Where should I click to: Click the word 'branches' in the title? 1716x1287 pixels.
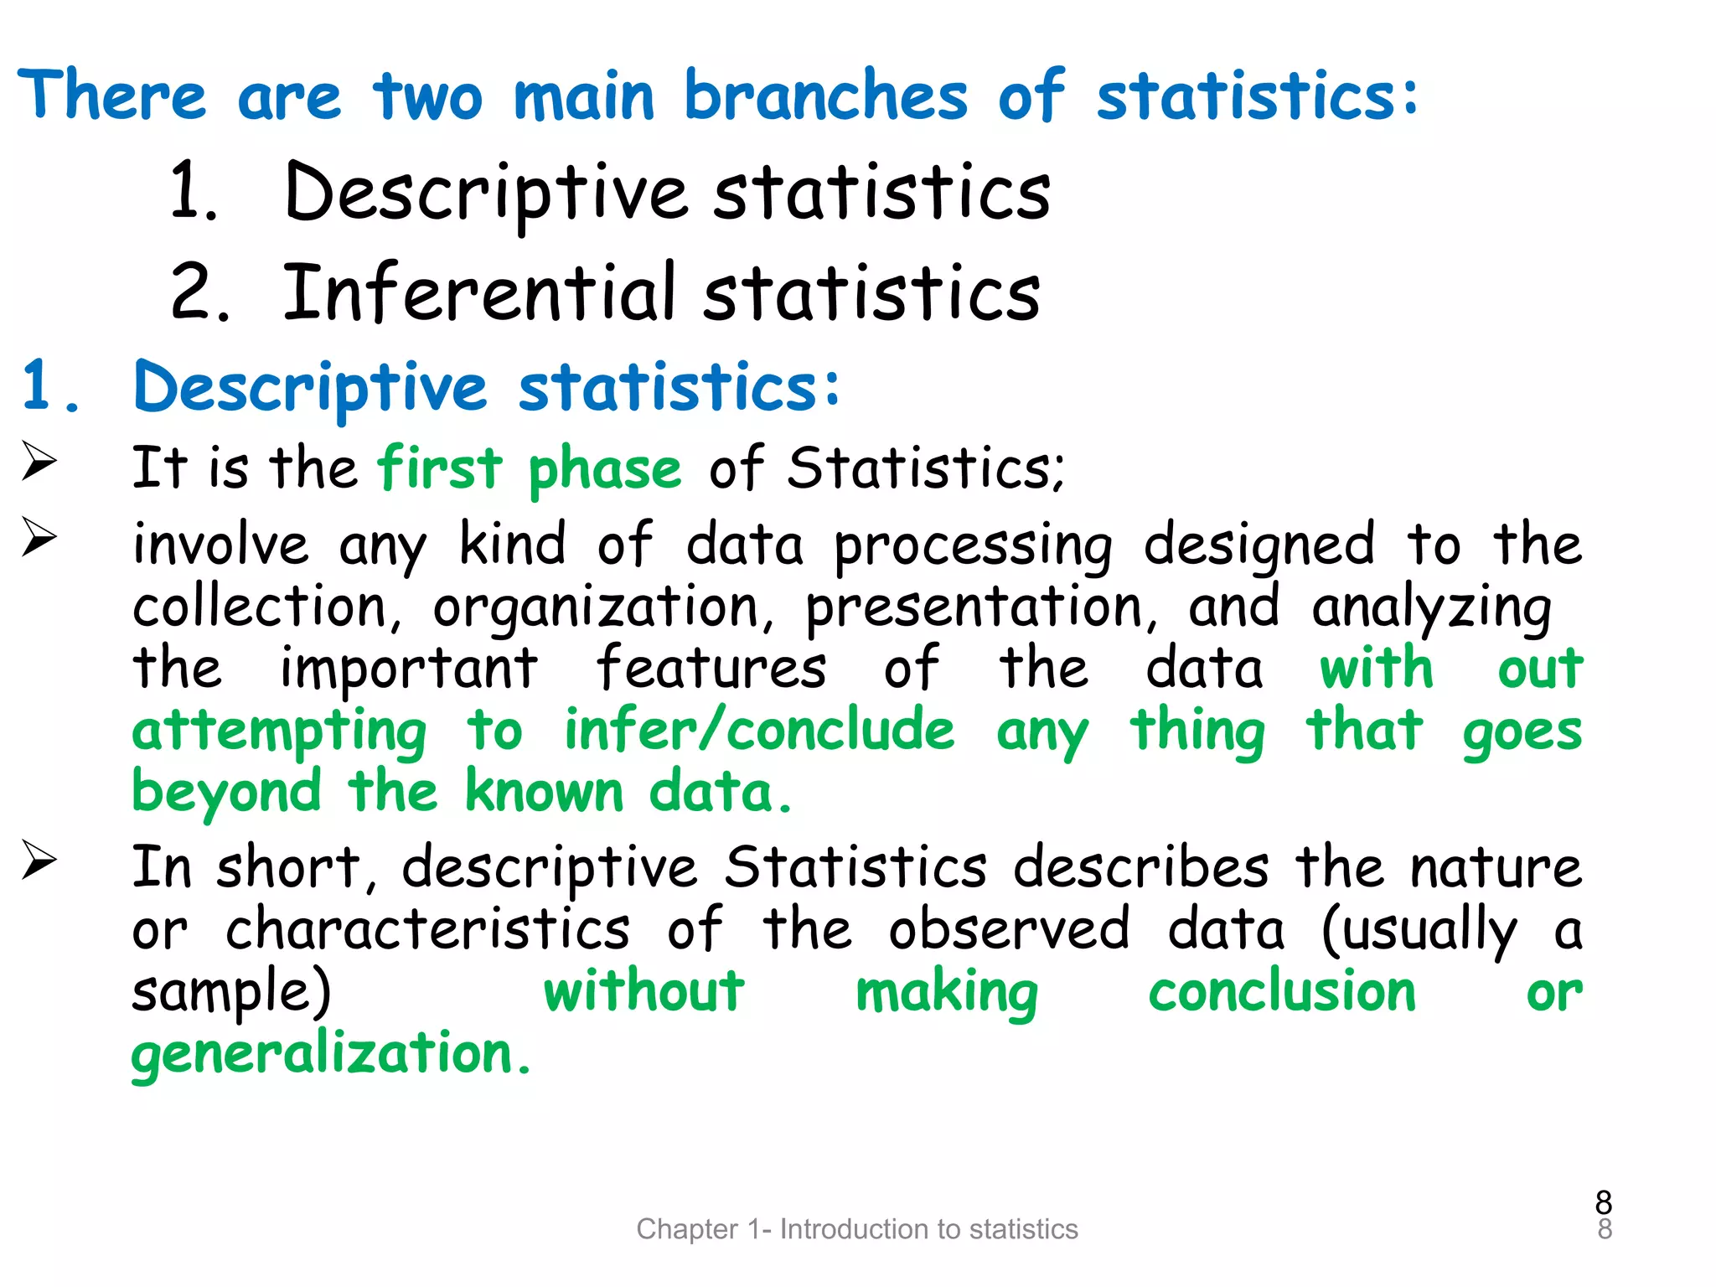click(825, 96)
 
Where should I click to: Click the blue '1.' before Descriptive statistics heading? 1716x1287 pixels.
click(51, 387)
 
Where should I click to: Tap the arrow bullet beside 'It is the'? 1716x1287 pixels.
click(39, 462)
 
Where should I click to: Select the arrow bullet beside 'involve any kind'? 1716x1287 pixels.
click(39, 537)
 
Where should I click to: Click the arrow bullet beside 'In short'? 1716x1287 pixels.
click(39, 861)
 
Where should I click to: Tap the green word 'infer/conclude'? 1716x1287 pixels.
click(759, 730)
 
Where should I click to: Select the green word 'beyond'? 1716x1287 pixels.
click(227, 793)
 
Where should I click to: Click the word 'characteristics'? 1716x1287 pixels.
click(427, 930)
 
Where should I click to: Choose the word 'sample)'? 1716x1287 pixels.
click(232, 994)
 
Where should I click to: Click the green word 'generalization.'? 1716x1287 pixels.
click(332, 1055)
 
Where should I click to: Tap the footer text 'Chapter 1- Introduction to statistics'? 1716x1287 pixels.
click(857, 1229)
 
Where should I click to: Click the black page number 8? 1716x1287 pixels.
click(1604, 1203)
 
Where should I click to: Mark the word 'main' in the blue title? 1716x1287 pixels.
click(584, 96)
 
